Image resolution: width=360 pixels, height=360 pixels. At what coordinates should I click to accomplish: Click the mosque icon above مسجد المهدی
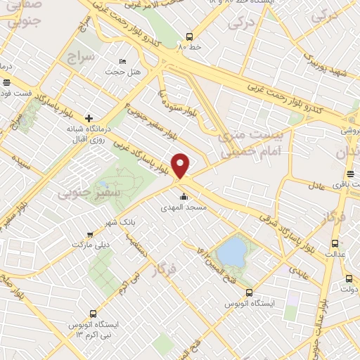(184, 197)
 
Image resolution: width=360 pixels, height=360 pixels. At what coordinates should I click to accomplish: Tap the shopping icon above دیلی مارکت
(89, 234)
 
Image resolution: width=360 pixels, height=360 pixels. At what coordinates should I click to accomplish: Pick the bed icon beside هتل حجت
(124, 62)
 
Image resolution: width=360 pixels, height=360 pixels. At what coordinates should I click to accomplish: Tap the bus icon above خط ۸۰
(189, 37)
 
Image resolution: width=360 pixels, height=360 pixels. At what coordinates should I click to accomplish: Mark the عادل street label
(317, 186)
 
